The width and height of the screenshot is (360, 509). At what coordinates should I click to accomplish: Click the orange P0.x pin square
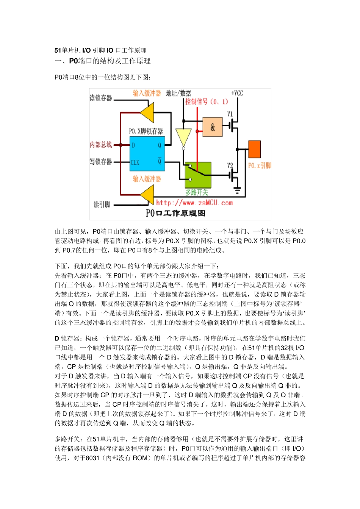pyautogui.click(x=254, y=149)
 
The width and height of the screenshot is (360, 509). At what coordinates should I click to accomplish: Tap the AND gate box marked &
pyautogui.click(x=213, y=127)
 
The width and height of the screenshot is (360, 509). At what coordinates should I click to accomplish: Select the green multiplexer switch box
pyautogui.click(x=198, y=175)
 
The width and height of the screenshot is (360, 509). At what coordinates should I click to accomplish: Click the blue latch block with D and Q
pyautogui.click(x=147, y=154)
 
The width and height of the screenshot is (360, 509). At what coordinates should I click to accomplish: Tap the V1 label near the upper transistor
pyautogui.click(x=230, y=114)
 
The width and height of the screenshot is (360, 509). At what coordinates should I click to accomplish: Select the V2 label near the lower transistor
pyautogui.click(x=230, y=166)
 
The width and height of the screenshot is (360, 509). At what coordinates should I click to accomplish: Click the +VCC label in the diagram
pyautogui.click(x=237, y=93)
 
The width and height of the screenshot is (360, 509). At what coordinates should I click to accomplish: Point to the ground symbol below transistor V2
pyautogui.click(x=237, y=190)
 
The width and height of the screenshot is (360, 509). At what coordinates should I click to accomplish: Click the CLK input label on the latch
pyautogui.click(x=135, y=162)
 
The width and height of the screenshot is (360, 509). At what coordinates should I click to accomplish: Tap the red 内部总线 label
pyautogui.click(x=101, y=145)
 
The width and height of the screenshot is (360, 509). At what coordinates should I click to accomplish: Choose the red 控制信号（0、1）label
pyautogui.click(x=207, y=101)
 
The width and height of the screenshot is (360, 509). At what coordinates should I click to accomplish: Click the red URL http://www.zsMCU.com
pyautogui.click(x=194, y=203)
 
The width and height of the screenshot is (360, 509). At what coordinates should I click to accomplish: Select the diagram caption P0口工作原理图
pyautogui.click(x=175, y=213)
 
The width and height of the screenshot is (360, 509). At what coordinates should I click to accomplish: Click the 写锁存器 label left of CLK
pyautogui.click(x=101, y=162)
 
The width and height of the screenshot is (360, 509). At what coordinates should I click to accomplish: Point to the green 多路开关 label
pyautogui.click(x=197, y=192)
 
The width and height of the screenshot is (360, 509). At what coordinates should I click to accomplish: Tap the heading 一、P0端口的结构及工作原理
pyautogui.click(x=103, y=61)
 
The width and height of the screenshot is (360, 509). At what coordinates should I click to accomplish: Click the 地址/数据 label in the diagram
pyautogui.click(x=178, y=93)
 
